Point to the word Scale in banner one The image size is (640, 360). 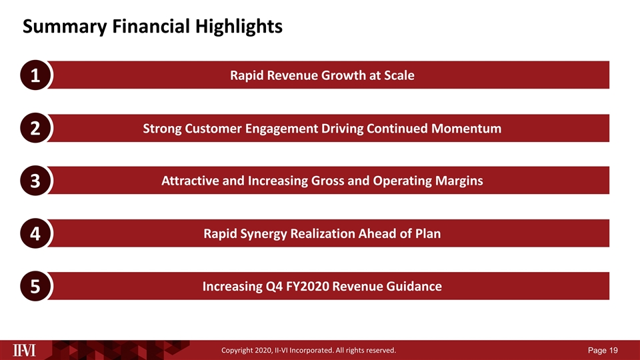tap(397, 75)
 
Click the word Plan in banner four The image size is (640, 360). tap(427, 234)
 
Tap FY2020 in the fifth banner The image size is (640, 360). tap(299, 287)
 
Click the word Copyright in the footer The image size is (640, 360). tap(241, 349)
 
